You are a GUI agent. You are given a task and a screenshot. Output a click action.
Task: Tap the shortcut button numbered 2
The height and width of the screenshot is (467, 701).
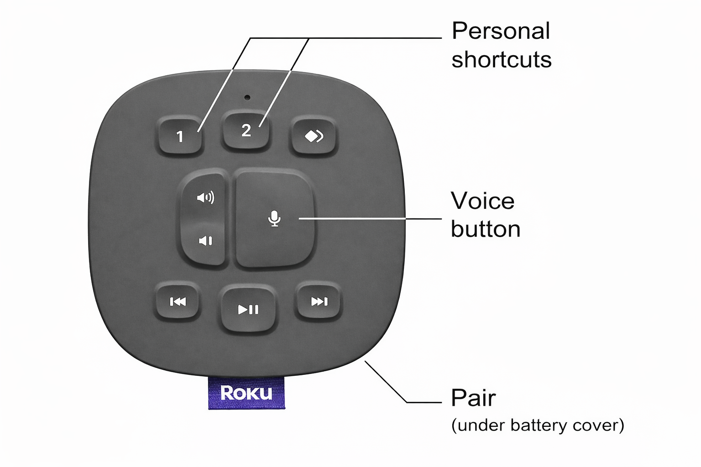(x=246, y=131)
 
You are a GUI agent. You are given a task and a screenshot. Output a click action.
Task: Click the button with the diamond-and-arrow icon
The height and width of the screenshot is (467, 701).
(x=314, y=136)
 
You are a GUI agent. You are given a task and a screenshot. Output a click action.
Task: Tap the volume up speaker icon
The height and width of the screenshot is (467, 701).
(x=205, y=197)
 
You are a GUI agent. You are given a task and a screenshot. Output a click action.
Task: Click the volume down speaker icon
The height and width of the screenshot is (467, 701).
(x=205, y=241)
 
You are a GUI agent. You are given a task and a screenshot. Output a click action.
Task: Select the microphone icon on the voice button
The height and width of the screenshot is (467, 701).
(x=274, y=218)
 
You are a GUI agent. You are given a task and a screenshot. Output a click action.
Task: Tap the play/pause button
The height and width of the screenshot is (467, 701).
(x=248, y=310)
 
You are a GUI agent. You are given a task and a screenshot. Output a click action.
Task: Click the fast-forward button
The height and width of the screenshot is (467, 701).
(x=319, y=301)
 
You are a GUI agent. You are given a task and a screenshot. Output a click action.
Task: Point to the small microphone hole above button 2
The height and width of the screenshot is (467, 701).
(x=247, y=97)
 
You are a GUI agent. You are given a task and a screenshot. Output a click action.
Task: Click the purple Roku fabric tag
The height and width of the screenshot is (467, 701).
(x=246, y=393)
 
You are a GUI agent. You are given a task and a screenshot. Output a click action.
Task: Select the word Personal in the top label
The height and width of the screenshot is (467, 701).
(x=501, y=32)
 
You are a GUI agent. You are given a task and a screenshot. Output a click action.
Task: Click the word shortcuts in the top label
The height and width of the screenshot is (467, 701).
(x=501, y=60)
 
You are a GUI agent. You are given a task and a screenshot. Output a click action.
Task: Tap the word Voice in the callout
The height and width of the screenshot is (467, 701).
(x=482, y=201)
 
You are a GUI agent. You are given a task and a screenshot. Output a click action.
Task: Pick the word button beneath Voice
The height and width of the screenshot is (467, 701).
(x=486, y=229)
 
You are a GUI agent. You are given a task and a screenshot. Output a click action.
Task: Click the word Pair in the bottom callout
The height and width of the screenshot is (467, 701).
(x=473, y=398)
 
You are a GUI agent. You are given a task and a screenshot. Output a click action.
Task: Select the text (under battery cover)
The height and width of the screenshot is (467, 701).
(x=537, y=425)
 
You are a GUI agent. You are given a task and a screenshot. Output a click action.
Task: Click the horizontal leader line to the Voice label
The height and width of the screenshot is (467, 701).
(x=370, y=219)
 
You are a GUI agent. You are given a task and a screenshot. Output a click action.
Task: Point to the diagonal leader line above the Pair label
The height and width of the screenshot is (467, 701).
(x=386, y=382)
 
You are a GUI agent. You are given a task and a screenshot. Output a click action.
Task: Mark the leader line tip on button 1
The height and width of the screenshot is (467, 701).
(x=199, y=131)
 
